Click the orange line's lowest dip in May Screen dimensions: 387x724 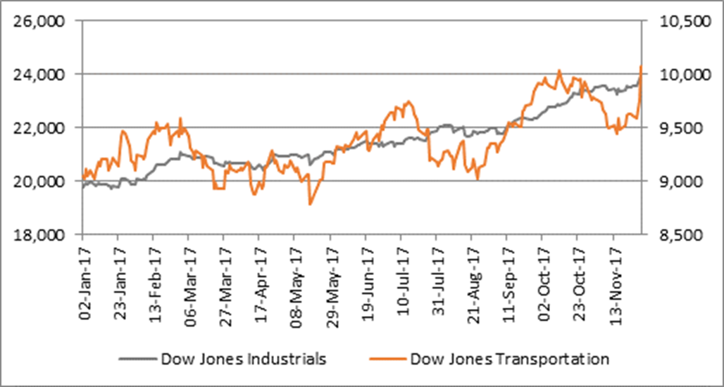coord(309,204)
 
